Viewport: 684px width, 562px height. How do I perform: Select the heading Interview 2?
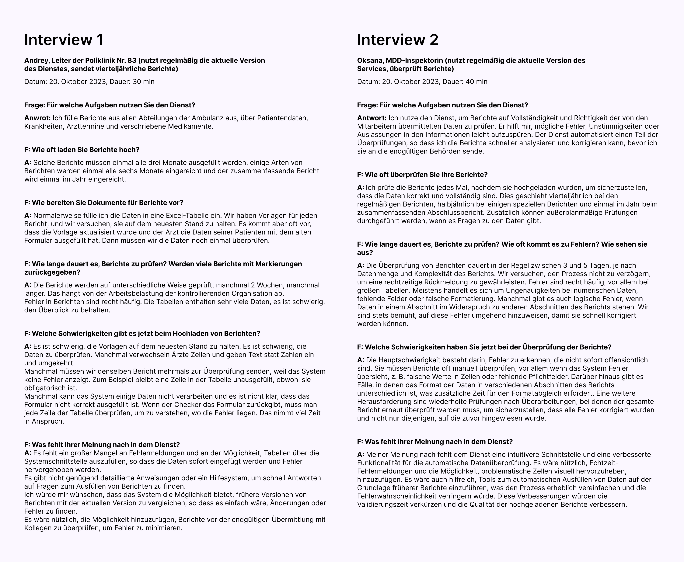[398, 40]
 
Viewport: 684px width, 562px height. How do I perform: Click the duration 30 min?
[143, 82]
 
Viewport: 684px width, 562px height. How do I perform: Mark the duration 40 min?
[476, 82]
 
